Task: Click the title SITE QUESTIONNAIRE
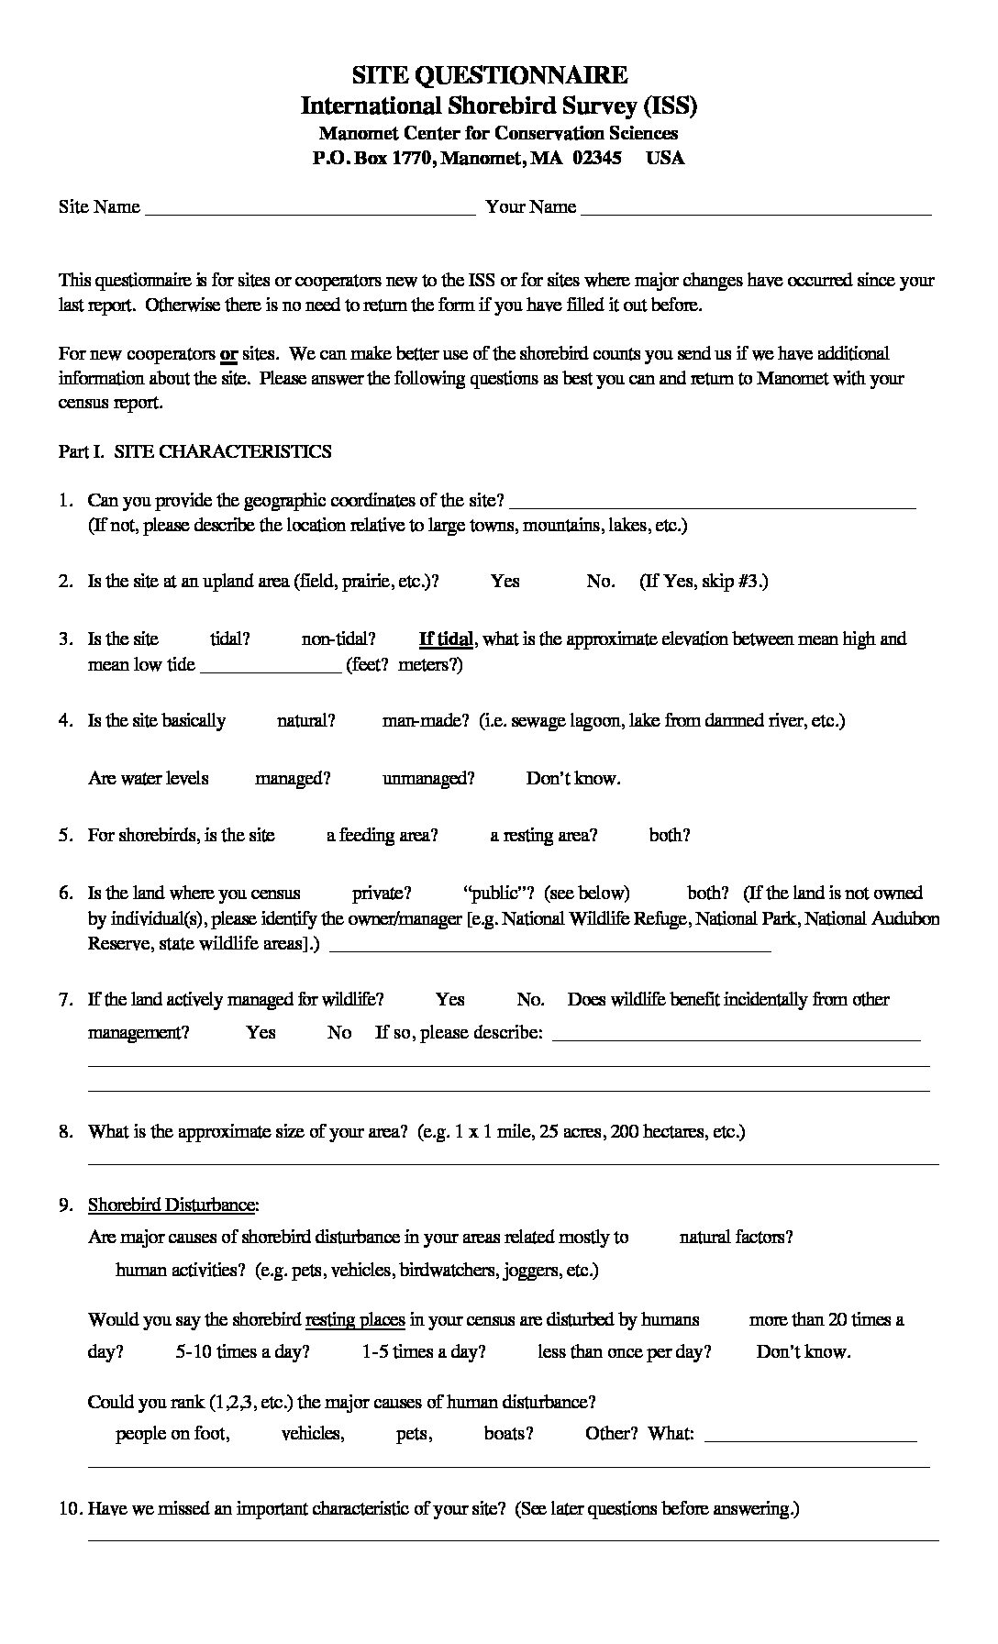point(490,74)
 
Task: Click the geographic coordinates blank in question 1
point(712,504)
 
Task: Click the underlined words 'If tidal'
point(446,639)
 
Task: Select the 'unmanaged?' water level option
point(428,778)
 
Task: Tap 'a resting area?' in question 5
point(544,835)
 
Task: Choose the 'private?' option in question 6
point(382,893)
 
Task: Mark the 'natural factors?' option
point(736,1237)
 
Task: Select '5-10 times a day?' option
point(242,1351)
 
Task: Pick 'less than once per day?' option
point(625,1351)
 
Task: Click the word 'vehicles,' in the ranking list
point(313,1433)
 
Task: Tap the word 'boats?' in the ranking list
point(509,1433)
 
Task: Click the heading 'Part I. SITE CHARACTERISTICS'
point(195,451)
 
